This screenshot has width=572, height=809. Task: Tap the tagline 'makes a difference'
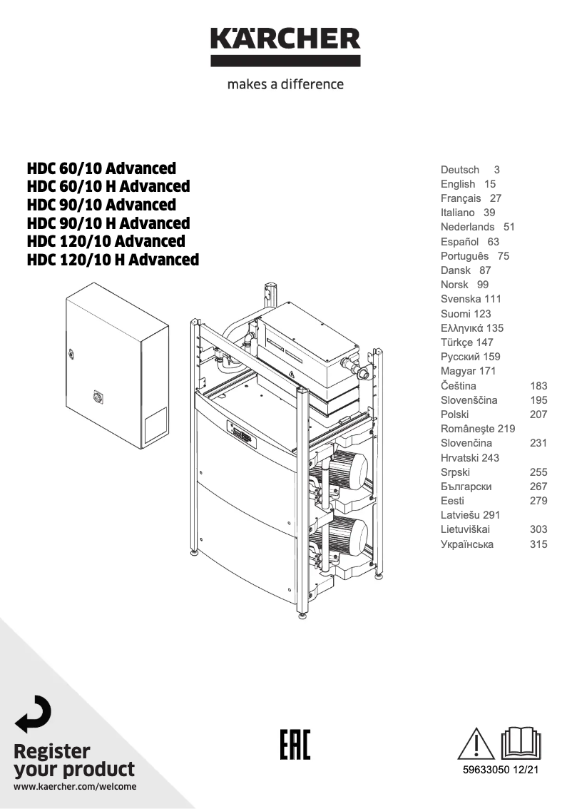(x=285, y=84)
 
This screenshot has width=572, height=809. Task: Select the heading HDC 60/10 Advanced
(x=101, y=168)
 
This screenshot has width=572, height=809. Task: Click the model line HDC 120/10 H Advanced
(x=113, y=260)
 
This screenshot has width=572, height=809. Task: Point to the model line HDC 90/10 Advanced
(x=101, y=205)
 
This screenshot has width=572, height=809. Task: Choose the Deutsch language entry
(x=460, y=170)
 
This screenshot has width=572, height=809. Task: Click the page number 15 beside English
(x=489, y=184)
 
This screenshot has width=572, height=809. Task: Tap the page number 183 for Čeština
(x=538, y=386)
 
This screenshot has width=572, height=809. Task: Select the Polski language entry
(x=454, y=414)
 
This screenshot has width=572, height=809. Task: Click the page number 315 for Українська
(x=538, y=544)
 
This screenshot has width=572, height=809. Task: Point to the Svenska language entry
(x=461, y=300)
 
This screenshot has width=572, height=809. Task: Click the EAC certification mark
(x=293, y=745)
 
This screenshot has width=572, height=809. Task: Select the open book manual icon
(x=521, y=743)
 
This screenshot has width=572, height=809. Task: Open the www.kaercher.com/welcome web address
(x=75, y=787)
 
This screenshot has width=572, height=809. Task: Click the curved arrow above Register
(x=34, y=714)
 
